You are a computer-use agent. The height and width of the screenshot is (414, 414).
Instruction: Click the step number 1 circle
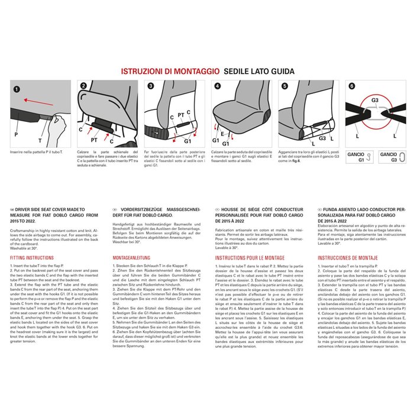pyautogui.click(x=17, y=89)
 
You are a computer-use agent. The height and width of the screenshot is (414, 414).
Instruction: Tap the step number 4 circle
pyautogui.click(x=218, y=86)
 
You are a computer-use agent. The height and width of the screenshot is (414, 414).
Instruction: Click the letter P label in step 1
pyautogui.click(x=16, y=134)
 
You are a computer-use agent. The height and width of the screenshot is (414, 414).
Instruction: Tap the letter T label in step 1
pyautogui.click(x=40, y=141)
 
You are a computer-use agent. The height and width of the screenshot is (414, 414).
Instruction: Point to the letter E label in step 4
pyautogui.click(x=224, y=134)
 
